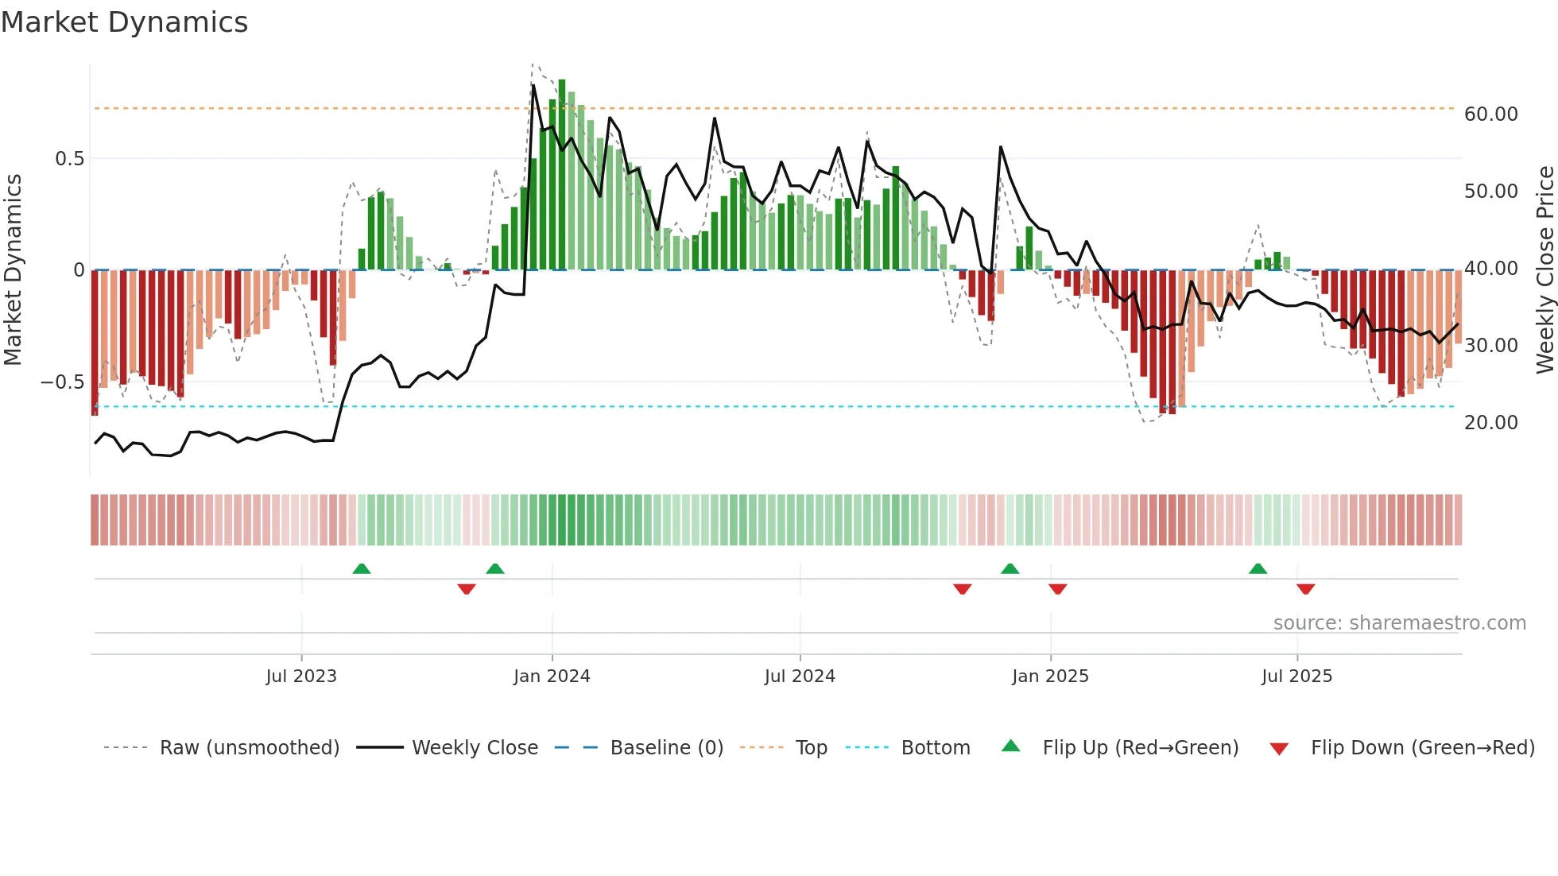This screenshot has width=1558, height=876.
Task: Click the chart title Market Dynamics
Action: pyautogui.click(x=125, y=22)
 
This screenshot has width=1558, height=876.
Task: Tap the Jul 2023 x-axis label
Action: pyautogui.click(x=301, y=676)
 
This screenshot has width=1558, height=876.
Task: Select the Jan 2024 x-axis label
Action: pyautogui.click(x=552, y=676)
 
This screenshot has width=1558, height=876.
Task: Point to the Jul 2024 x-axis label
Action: pyautogui.click(x=800, y=676)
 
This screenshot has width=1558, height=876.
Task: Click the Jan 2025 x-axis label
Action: pyautogui.click(x=1050, y=676)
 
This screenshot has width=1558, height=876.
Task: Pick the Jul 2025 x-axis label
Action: pyautogui.click(x=1296, y=676)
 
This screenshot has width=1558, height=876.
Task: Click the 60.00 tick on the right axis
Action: pyautogui.click(x=1491, y=114)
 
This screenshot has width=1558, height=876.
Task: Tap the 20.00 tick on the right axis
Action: pyautogui.click(x=1491, y=423)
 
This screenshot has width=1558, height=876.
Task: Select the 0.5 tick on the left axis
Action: pyautogui.click(x=70, y=159)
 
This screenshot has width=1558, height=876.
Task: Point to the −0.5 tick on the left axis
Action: pyautogui.click(x=63, y=382)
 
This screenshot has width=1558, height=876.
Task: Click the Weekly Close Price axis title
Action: pyautogui.click(x=1544, y=270)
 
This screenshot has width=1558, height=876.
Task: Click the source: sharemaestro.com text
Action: pyautogui.click(x=1399, y=623)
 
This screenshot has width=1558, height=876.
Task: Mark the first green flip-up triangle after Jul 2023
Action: pyautogui.click(x=362, y=568)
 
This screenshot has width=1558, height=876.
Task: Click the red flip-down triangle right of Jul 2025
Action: pyautogui.click(x=1305, y=589)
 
